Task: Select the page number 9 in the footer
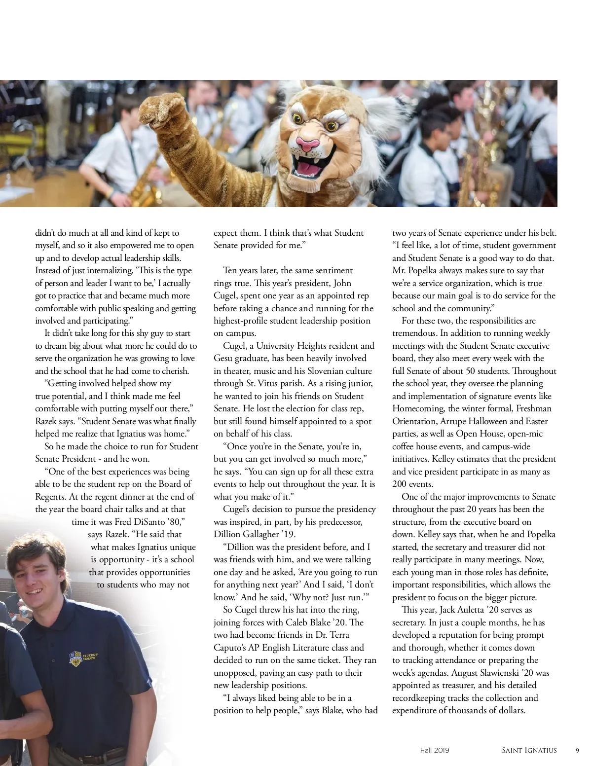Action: tap(577, 750)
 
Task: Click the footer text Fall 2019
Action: tap(435, 750)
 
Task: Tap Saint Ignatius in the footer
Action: tap(529, 750)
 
